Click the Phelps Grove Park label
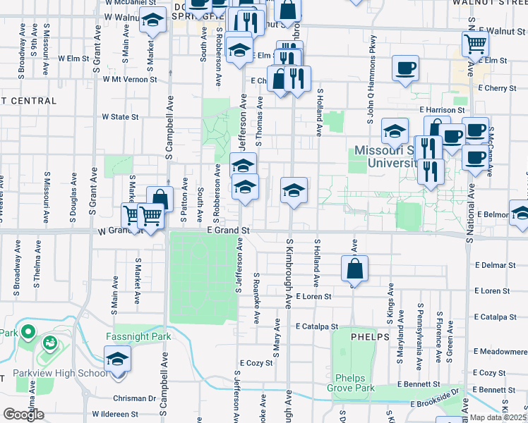click(350, 383)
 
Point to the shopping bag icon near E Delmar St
click(354, 269)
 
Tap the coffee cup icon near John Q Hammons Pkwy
click(404, 69)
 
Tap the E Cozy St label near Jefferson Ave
click(256, 363)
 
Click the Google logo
click(23, 415)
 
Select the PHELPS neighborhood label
click(368, 337)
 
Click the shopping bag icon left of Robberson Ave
click(160, 199)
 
